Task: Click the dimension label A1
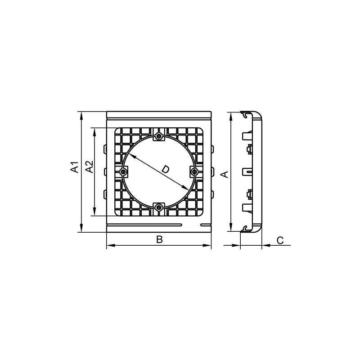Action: pos(75,167)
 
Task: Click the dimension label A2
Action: pos(89,166)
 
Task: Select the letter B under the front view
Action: pos(159,239)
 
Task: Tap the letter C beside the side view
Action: pos(280,240)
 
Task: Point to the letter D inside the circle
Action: pos(165,170)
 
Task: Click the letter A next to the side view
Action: pos(224,174)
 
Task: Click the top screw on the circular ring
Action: pos(159,137)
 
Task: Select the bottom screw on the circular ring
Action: pos(159,208)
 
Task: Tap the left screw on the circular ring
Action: pos(123,172)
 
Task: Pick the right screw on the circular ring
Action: pos(195,172)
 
